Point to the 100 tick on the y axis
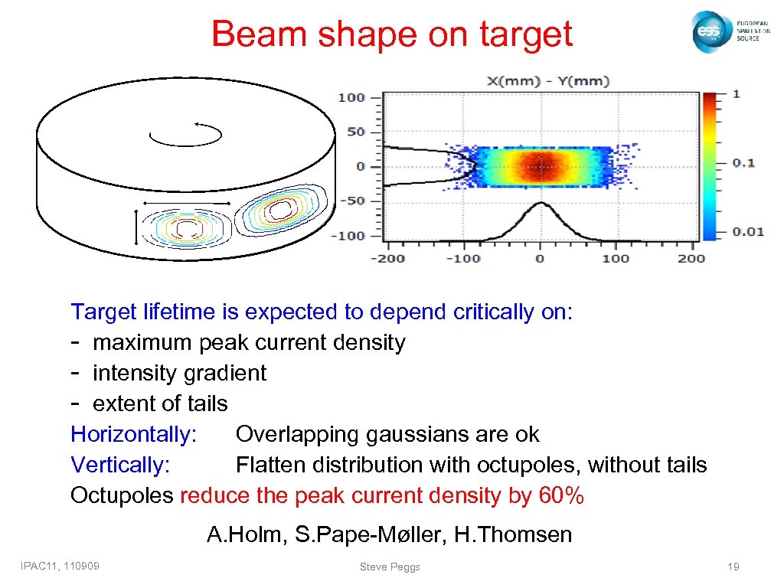352,97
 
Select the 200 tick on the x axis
691,258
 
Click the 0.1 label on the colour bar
743,162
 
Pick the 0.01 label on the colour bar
747,231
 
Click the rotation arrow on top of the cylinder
186,135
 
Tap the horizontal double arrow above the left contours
186,202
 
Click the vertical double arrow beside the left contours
136,227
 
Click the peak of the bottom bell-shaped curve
540,203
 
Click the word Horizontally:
134,435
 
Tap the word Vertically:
120,465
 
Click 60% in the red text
562,496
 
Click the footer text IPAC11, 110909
65,566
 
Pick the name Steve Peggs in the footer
390,567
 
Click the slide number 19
733,567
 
